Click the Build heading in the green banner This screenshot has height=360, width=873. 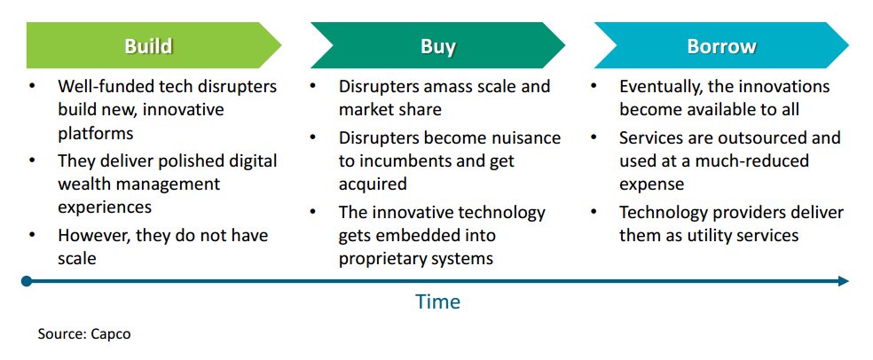pos(148,46)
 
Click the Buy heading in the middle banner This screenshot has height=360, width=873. pos(437,47)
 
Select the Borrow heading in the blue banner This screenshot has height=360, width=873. pos(721,46)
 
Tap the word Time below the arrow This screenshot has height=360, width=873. pos(437,301)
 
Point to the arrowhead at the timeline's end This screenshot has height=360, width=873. pos(843,281)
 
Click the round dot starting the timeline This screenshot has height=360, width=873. pos(26,281)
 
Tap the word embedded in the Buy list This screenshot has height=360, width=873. pos(413,235)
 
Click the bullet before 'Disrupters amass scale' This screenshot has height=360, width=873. pos(313,86)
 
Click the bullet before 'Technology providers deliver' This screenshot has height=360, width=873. pos(594,212)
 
